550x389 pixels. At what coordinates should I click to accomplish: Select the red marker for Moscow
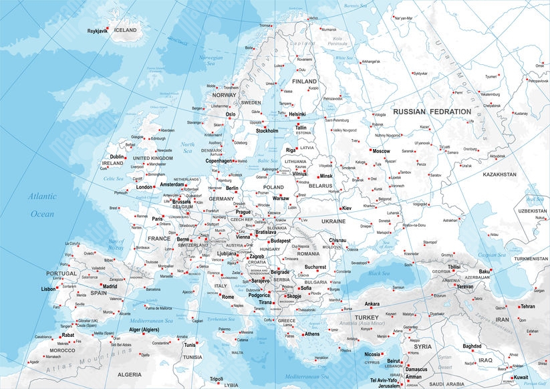(370, 151)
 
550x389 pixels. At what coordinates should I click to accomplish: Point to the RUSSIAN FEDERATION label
(431, 111)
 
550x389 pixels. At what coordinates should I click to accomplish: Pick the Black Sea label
(378, 273)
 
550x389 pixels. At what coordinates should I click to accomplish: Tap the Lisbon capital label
(49, 289)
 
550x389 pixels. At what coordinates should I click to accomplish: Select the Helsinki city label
(296, 114)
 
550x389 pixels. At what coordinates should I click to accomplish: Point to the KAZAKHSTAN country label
(494, 174)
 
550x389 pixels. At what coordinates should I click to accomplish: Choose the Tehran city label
(527, 306)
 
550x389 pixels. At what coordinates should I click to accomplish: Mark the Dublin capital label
(116, 156)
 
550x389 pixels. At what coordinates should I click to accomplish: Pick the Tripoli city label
(216, 379)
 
